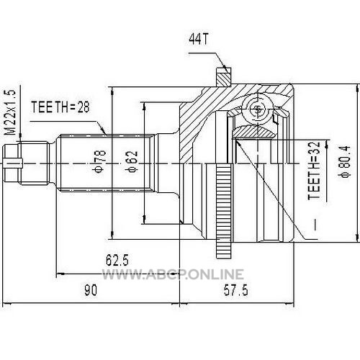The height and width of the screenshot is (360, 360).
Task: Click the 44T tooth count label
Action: coord(198,39)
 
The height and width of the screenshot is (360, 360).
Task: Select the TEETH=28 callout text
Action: coord(60,107)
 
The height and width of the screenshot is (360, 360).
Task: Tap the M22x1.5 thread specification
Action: coord(11,112)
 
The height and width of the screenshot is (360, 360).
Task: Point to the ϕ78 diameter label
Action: coord(100,161)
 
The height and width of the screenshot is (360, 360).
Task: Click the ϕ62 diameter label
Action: coord(132,161)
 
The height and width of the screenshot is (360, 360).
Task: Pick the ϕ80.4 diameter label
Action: coord(346,161)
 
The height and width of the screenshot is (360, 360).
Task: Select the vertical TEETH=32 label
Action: coord(314,171)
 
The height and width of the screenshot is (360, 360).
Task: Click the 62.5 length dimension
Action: coord(117,260)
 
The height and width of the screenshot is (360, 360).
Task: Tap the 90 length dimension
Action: coord(91,290)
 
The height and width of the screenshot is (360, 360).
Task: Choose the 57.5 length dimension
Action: coord(235,290)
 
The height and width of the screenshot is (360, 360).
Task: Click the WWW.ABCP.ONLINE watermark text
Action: coord(173,274)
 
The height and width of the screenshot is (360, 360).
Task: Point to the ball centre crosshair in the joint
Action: coord(258,109)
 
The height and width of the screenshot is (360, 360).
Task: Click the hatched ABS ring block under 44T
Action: coord(224,76)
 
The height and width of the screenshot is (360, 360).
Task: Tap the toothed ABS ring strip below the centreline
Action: coord(224,211)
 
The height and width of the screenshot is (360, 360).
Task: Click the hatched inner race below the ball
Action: coord(253,132)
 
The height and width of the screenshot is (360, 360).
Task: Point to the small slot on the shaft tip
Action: coord(13,162)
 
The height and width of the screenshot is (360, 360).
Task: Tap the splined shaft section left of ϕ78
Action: coord(107,163)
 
